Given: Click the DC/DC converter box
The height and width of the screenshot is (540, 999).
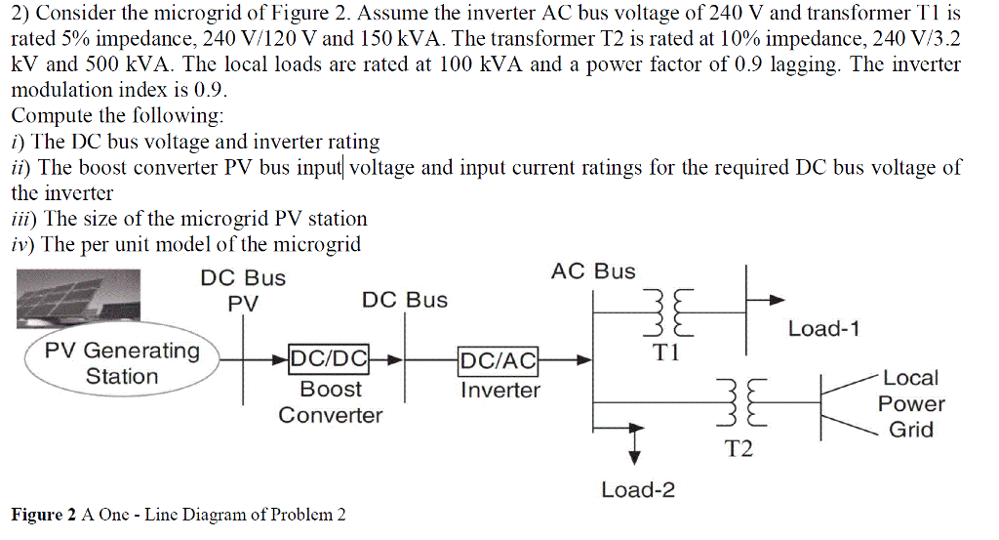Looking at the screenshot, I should [x=328, y=360].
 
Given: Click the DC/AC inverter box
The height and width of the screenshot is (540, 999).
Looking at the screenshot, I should [x=499, y=360].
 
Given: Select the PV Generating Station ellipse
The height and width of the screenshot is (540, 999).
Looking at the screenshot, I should [x=122, y=363].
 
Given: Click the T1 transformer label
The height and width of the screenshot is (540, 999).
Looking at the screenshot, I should [x=667, y=353].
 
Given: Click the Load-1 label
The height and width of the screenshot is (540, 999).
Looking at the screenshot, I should [x=823, y=328].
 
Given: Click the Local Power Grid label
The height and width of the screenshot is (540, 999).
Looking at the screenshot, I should [x=910, y=403].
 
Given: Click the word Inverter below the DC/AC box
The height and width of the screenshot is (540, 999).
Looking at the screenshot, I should [x=499, y=391].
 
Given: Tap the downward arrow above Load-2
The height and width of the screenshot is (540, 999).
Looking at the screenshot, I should [x=636, y=444].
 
